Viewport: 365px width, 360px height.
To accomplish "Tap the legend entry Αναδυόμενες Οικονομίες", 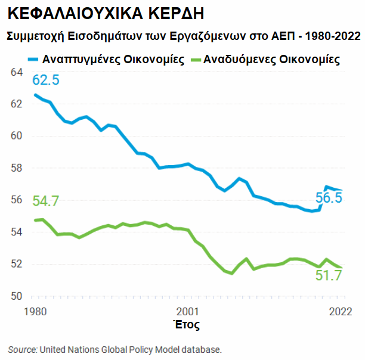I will pos(271,60).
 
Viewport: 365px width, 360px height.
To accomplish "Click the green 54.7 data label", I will pos(46,201).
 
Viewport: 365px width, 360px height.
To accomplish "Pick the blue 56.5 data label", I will pos(329,198).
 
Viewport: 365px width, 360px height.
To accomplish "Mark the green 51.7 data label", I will pos(329,275).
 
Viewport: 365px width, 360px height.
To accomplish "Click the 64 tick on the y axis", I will pos(17,72).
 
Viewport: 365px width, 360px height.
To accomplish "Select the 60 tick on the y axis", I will pos(17,136).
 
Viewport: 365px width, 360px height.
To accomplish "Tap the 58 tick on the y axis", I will pos(17,168).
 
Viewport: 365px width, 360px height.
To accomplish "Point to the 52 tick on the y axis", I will pos(17,264).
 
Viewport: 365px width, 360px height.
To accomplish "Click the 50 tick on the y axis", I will pos(17,296).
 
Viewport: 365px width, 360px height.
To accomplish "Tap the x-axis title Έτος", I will pos(185,325).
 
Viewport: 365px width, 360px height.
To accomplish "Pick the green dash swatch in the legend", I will pos(193,60).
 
